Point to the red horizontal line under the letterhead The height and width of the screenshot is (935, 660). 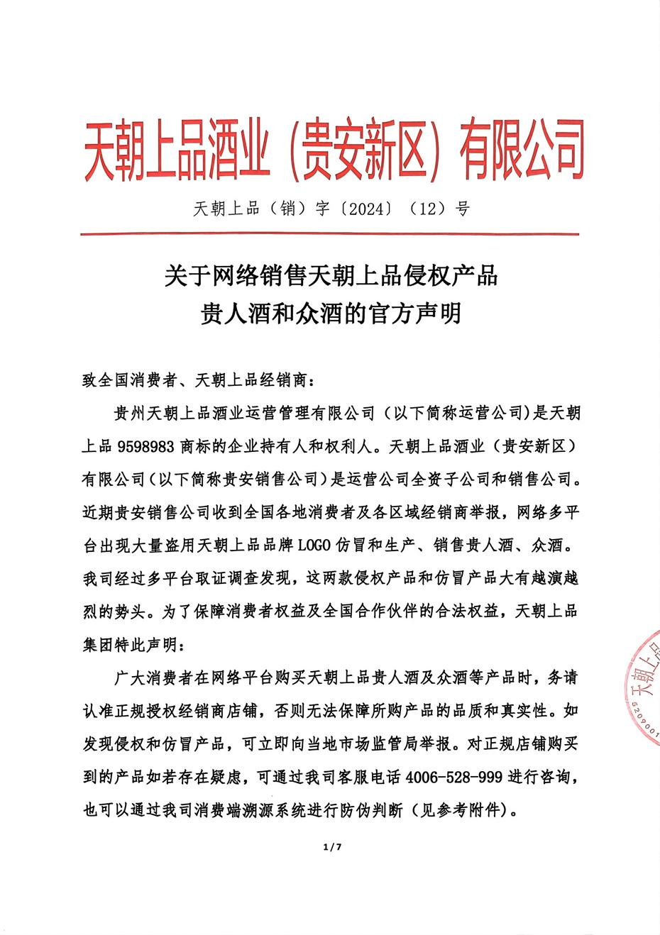pos(331,233)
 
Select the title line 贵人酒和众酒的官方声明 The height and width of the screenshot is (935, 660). pos(331,312)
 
